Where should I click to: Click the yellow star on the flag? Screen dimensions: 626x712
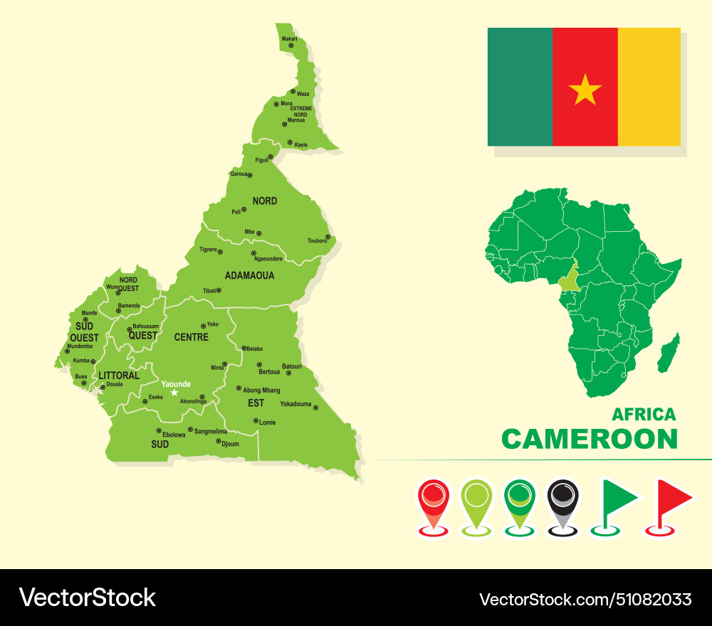pos(585,89)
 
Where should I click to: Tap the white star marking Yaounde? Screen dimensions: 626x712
pos(174,392)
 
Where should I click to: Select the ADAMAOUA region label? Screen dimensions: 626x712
pos(249,275)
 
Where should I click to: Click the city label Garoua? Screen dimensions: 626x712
pos(239,174)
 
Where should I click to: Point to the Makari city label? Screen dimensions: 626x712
pos(289,38)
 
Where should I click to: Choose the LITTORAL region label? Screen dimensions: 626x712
pos(119,376)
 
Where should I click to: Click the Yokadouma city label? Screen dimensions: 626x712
pos(295,404)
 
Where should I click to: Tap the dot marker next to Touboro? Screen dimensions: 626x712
pos(328,237)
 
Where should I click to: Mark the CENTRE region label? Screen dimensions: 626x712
pos(192,336)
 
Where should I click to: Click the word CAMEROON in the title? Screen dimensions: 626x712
pos(590,439)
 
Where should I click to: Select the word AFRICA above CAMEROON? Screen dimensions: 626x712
pos(644,414)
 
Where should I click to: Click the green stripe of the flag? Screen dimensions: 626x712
pos(520,87)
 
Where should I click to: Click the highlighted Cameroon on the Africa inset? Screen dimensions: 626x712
pos(568,280)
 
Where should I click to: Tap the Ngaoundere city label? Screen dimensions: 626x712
pos(268,259)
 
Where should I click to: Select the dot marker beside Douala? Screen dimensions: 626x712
pos(103,387)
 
